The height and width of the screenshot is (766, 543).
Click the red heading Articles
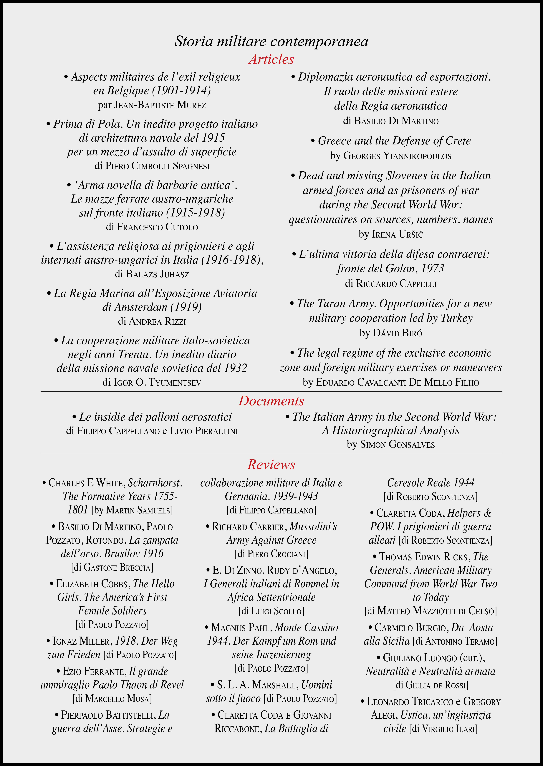(x=271, y=59)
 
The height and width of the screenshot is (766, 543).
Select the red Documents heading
(x=271, y=401)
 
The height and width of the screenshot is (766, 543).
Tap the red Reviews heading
(x=271, y=464)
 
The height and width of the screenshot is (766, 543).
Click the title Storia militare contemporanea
(x=271, y=41)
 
